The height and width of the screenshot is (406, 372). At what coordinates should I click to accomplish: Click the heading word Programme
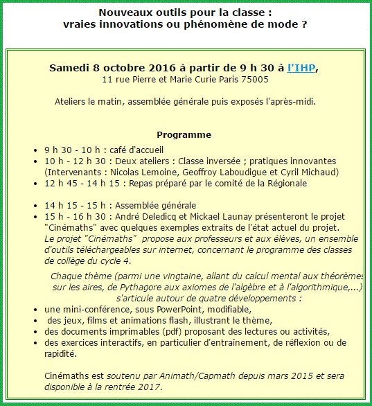184,134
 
